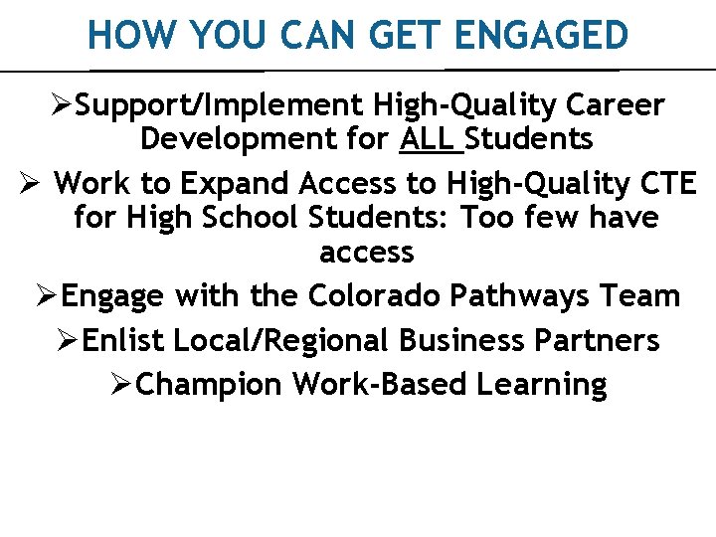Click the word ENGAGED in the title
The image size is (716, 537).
543,36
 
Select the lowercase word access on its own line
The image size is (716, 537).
366,252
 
